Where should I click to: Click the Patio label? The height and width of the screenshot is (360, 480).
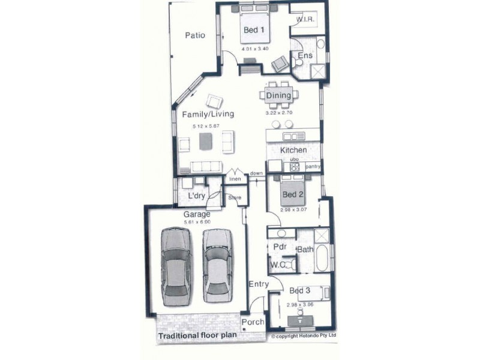pos(194,35)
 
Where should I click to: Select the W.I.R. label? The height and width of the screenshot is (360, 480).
pos(305,20)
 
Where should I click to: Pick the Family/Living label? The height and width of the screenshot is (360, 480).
pos(208,114)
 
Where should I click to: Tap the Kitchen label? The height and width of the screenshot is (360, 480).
pos(294,150)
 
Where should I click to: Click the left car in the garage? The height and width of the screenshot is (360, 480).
pos(176,264)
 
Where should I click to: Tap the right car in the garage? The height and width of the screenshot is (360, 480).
pos(217,265)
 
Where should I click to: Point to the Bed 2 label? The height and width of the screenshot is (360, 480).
pos(293,194)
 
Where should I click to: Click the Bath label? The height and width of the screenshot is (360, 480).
pos(305,250)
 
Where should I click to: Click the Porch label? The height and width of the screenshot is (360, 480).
pos(253,322)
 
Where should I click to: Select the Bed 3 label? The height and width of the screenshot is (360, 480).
pos(299,291)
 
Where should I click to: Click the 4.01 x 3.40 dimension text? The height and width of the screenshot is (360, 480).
pos(254,48)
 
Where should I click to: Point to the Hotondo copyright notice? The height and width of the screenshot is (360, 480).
pos(304,337)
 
